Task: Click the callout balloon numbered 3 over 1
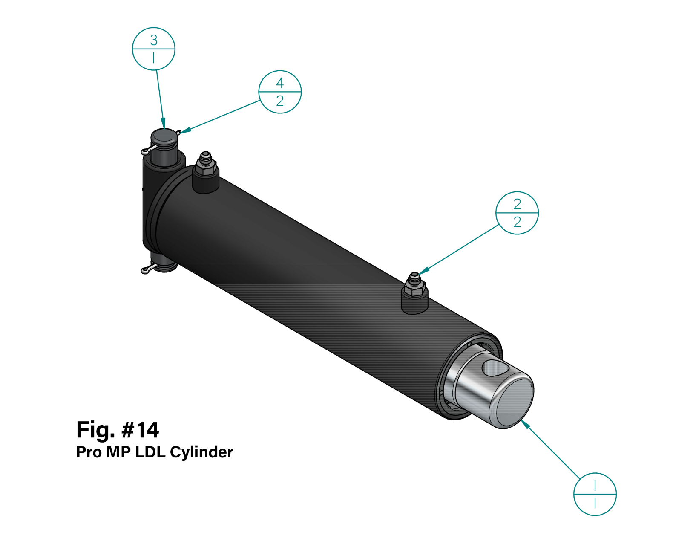153,49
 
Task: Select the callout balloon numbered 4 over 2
280,92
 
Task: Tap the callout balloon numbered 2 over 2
517,213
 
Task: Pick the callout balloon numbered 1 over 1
595,494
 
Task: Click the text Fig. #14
118,430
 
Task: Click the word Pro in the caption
89,452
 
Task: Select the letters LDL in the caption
150,452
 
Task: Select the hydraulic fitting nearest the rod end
414,290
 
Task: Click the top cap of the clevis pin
164,136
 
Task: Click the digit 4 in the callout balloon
280,83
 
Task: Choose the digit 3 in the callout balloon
154,40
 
